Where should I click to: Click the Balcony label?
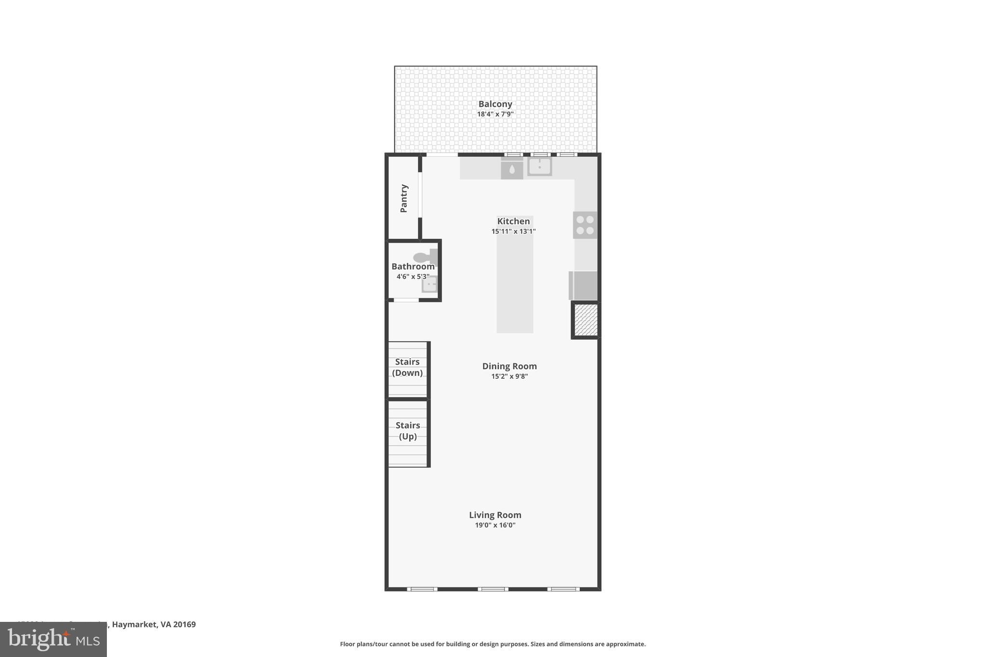point(495,104)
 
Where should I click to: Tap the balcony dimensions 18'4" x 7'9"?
point(495,115)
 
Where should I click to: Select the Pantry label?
point(404,198)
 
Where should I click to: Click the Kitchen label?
point(513,221)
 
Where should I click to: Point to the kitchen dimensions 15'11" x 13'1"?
point(513,232)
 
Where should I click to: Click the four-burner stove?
point(585,225)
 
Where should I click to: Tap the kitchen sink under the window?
point(539,167)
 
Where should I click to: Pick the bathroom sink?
point(429,284)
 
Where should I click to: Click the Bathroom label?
point(413,267)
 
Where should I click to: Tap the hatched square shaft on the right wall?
point(586,320)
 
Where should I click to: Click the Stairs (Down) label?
point(407,367)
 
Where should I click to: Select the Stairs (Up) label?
point(408,431)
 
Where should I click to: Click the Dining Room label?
point(509,366)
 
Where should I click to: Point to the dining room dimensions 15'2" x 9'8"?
point(509,376)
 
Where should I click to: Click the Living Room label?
point(495,515)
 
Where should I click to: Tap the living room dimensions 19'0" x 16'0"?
point(495,525)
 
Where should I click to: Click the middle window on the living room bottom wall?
point(493,589)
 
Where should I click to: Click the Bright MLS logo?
point(53,640)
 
